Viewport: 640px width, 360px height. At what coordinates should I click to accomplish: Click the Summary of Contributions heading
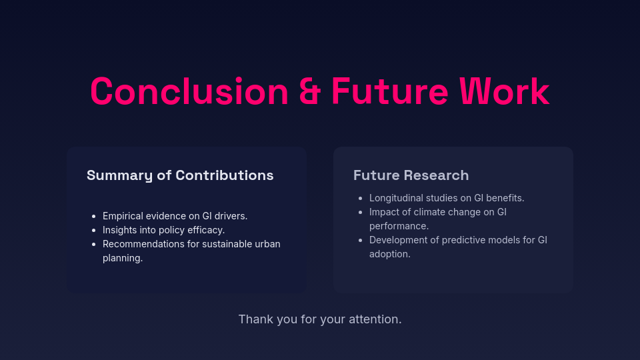[180, 175]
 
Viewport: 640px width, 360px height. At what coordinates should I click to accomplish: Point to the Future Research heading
[411, 175]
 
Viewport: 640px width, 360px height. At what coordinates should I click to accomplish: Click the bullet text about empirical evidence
[175, 216]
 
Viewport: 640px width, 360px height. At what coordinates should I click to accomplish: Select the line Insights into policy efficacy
[163, 230]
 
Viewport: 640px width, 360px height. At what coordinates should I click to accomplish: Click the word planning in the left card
[123, 258]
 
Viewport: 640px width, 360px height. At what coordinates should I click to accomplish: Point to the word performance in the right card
[399, 226]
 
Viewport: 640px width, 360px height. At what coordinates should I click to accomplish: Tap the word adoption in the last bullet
[389, 254]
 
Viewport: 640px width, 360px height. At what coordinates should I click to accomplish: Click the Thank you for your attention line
[320, 319]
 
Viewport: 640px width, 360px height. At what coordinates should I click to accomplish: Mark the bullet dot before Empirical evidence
[94, 217]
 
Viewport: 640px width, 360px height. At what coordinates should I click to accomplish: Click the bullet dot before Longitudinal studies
[361, 199]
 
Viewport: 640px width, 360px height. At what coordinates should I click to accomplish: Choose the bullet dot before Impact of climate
[361, 213]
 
